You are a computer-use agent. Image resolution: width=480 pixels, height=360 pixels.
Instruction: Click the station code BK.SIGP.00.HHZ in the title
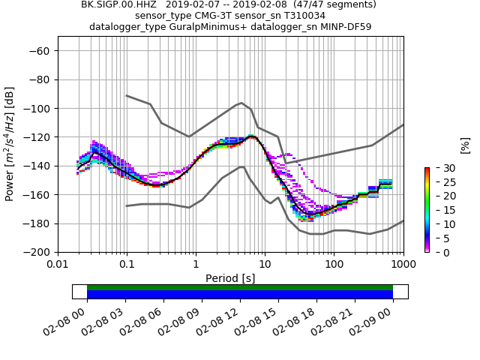click(x=119, y=4)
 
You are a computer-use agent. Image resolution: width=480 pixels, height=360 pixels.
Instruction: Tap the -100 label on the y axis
click(x=38, y=109)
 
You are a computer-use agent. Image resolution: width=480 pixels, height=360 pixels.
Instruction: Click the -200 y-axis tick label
click(x=38, y=253)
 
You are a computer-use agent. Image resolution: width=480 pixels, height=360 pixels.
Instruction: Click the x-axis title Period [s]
click(x=230, y=278)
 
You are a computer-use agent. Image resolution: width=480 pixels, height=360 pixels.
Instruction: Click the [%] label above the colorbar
click(x=465, y=145)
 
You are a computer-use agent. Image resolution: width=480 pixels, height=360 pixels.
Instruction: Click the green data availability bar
click(x=240, y=287)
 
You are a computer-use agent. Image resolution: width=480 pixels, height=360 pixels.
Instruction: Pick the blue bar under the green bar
click(x=240, y=295)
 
